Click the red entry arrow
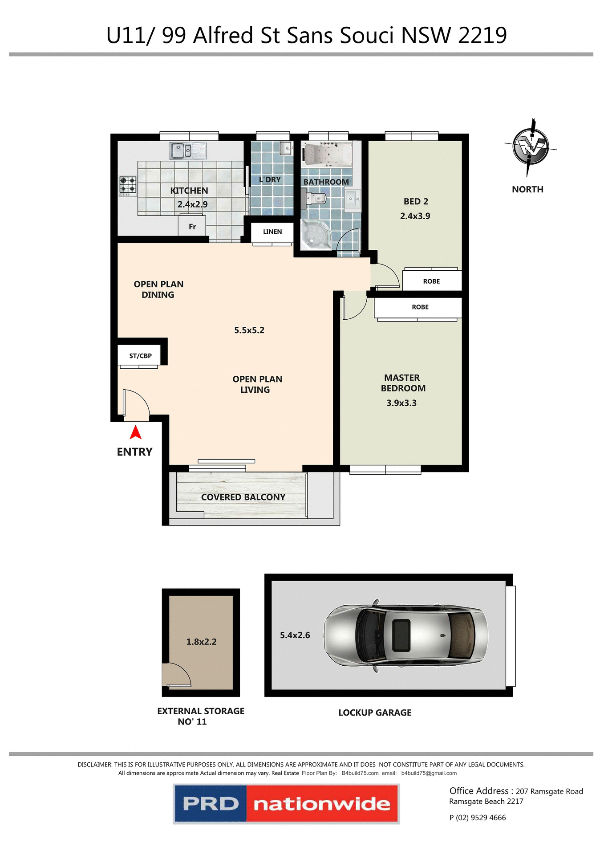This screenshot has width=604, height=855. click(135, 432)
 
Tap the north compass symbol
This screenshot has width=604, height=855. click(530, 147)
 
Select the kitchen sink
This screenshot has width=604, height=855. click(187, 151)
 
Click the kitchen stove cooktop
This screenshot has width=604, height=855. click(127, 186)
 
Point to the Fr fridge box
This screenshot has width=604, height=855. click(192, 226)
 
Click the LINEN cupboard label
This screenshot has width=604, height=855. click(272, 232)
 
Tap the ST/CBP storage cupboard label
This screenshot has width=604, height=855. click(140, 356)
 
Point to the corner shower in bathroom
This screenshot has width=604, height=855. click(315, 234)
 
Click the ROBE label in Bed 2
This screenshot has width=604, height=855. click(431, 281)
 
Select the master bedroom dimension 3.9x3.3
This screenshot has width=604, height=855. click(401, 403)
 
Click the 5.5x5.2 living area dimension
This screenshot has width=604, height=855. click(249, 330)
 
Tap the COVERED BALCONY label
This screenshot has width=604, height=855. click(243, 497)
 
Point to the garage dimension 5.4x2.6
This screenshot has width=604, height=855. click(295, 635)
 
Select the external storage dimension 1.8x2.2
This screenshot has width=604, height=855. click(201, 642)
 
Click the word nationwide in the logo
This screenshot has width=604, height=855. click(321, 804)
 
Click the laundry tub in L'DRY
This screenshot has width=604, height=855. click(285, 148)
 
